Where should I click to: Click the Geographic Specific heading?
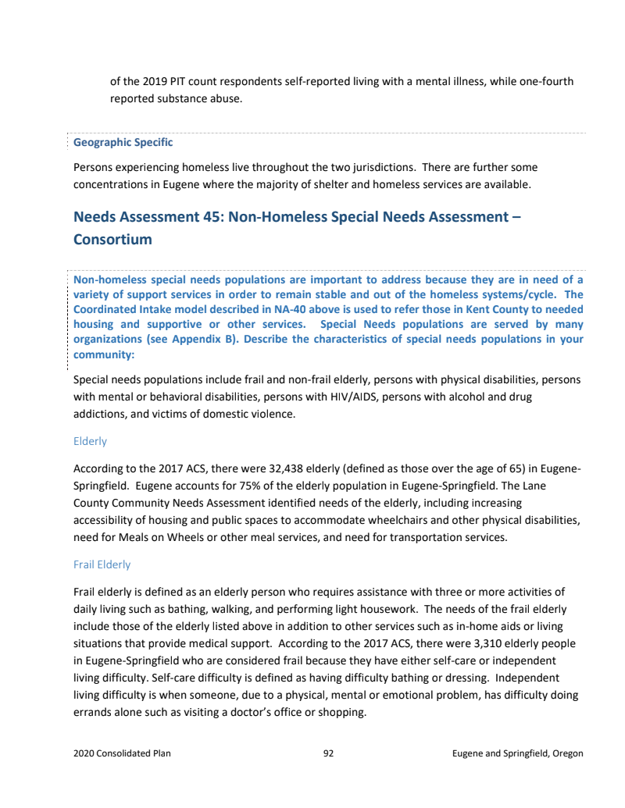click(123, 143)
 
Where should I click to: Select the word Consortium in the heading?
click(112, 240)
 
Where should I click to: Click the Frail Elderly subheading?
click(102, 564)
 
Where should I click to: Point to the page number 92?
click(328, 753)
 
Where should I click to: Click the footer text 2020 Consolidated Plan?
click(122, 753)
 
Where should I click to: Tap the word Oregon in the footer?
click(567, 753)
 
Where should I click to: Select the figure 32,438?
click(252, 468)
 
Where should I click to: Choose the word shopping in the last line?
click(343, 712)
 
